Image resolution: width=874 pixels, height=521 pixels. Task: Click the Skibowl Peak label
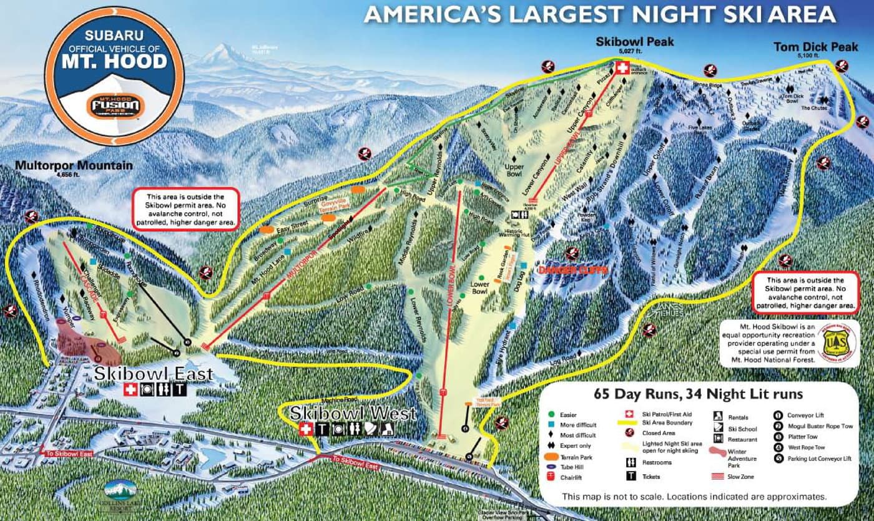click(x=635, y=42)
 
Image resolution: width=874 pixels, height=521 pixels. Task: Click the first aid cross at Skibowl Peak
click(x=622, y=68)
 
